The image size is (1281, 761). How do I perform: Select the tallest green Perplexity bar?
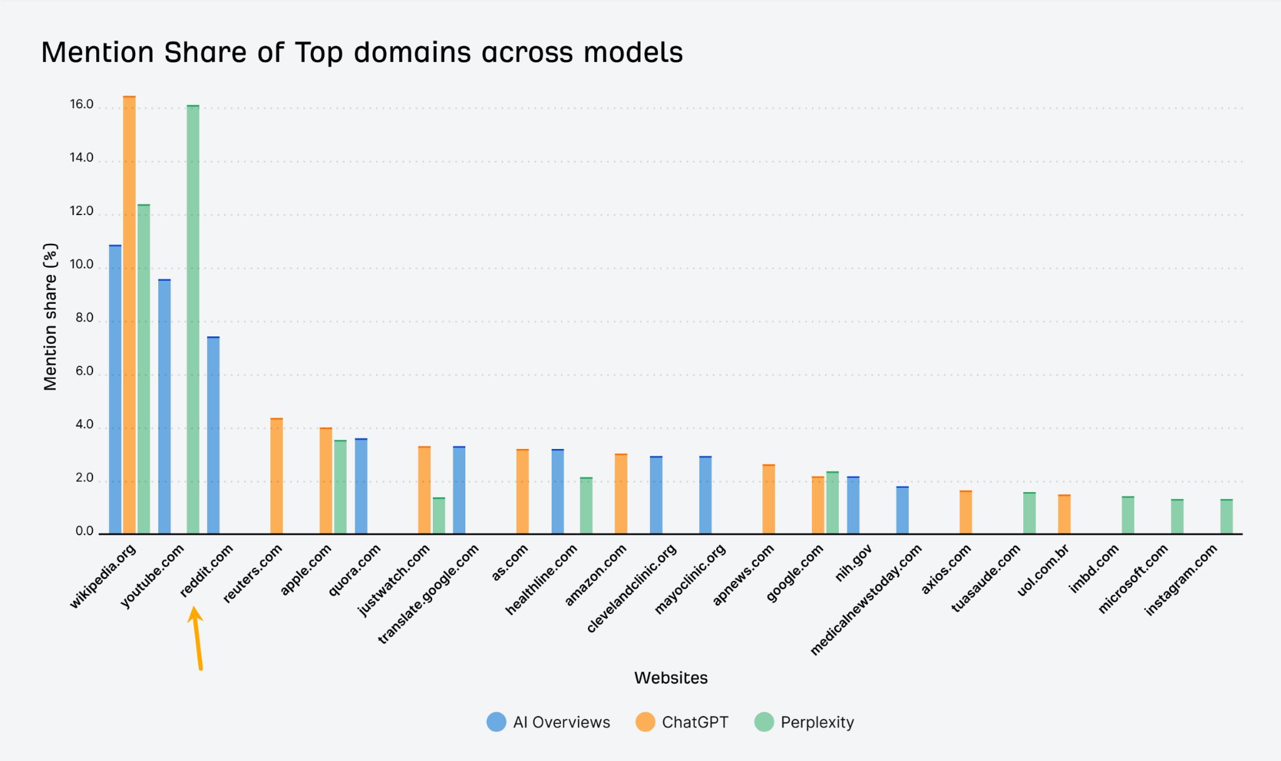[x=193, y=319]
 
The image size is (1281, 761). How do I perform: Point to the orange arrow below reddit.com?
[x=197, y=638]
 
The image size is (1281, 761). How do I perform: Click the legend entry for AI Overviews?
[x=549, y=722]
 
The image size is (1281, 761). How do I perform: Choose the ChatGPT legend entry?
[x=682, y=722]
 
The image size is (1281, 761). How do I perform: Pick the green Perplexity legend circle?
[x=764, y=722]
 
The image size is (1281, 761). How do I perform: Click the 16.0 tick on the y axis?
[x=81, y=104]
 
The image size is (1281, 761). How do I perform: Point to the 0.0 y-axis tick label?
[x=84, y=532]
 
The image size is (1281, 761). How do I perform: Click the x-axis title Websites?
[x=671, y=678]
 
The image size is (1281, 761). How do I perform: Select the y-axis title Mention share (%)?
[x=50, y=316]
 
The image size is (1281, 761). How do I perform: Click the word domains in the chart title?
[x=412, y=52]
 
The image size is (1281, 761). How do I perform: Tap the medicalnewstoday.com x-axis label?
[x=866, y=599]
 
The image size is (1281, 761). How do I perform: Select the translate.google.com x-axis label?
[x=429, y=593]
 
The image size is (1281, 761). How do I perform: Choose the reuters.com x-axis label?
[x=253, y=573]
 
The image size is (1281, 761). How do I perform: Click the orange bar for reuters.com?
[x=276, y=475]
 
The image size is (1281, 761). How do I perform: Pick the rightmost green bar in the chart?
[x=1226, y=517]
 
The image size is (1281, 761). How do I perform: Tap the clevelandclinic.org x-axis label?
[x=632, y=588]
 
